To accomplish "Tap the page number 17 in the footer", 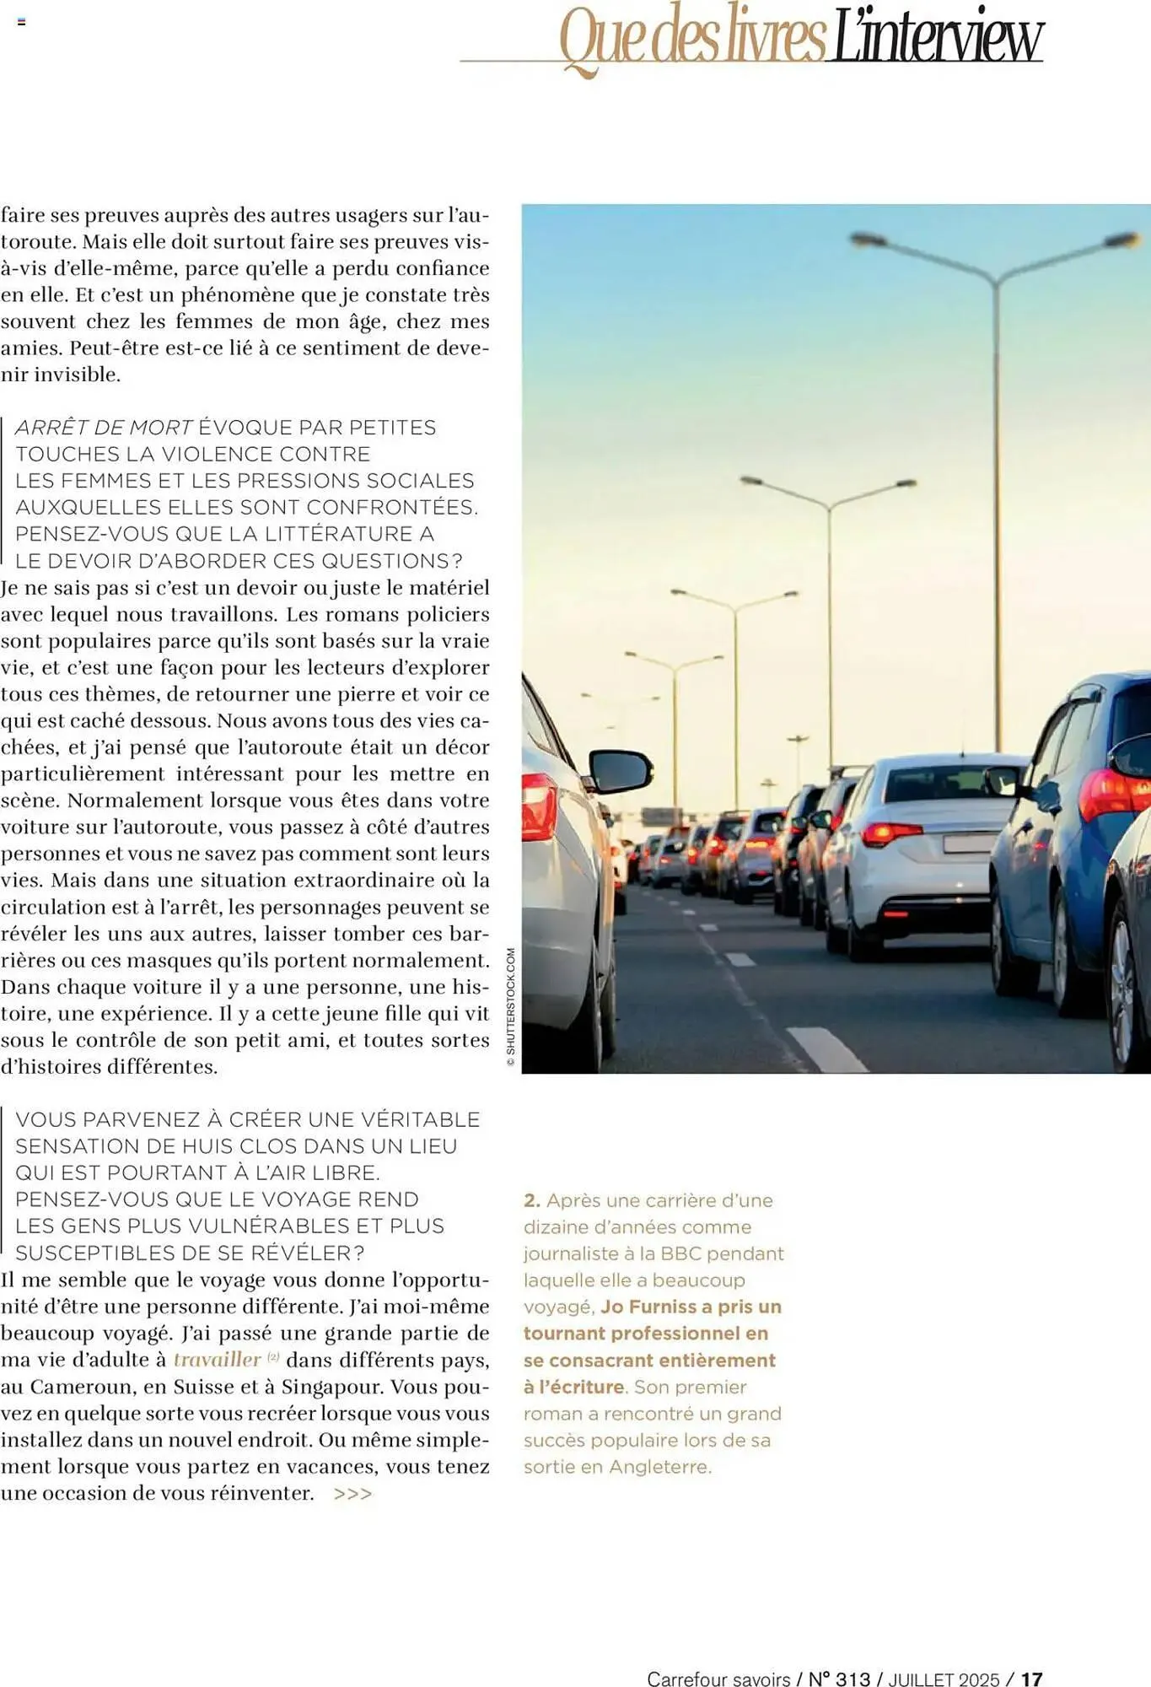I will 1032,1679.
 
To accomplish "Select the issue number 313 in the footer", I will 852,1679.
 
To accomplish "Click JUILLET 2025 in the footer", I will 944,1679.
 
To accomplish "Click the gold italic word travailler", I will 218,1359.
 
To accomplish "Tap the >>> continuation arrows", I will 352,1494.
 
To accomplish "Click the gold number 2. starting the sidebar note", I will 532,1200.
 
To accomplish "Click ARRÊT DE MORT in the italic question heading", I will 105,428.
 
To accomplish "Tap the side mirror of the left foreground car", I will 621,770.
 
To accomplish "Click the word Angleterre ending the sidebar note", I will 659,1466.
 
